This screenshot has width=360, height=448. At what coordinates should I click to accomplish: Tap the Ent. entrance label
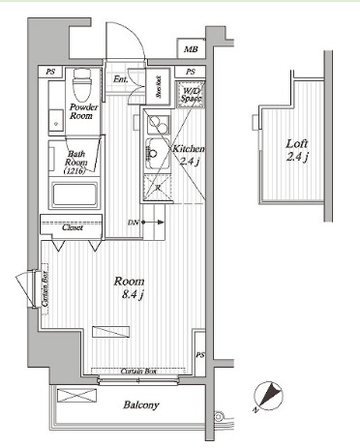click(x=122, y=78)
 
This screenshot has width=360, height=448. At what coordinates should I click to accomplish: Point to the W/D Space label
click(x=189, y=94)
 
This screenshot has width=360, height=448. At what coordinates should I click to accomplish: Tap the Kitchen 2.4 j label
click(x=186, y=156)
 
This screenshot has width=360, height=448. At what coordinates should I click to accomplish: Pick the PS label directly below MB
click(x=190, y=72)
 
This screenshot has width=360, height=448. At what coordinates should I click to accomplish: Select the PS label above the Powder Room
click(x=49, y=72)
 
